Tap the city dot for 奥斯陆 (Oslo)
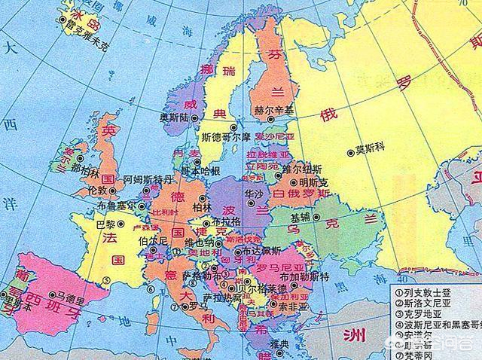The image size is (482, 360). pos(194,118)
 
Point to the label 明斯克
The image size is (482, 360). pos(313,182)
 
